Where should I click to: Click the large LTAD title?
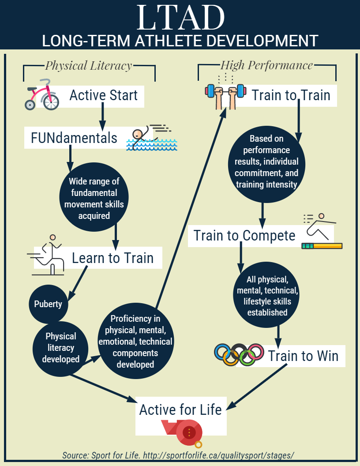tap(180, 17)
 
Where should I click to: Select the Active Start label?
tap(103, 95)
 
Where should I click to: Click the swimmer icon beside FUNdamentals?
tap(152, 138)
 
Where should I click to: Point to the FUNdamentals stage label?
tap(74, 138)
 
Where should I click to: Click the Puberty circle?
tap(48, 304)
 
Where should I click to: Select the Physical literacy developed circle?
tap(60, 348)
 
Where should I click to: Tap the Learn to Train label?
tap(112, 258)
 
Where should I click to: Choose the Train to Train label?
tap(291, 95)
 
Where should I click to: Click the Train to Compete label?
tap(244, 236)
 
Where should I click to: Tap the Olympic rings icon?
tap(239, 354)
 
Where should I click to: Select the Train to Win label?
tap(303, 356)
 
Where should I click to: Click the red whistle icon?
tap(182, 433)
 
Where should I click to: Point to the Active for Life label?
tap(180, 410)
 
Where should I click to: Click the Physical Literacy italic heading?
tap(89, 66)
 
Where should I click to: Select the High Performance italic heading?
tap(266, 65)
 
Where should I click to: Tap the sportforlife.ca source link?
tap(219, 455)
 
